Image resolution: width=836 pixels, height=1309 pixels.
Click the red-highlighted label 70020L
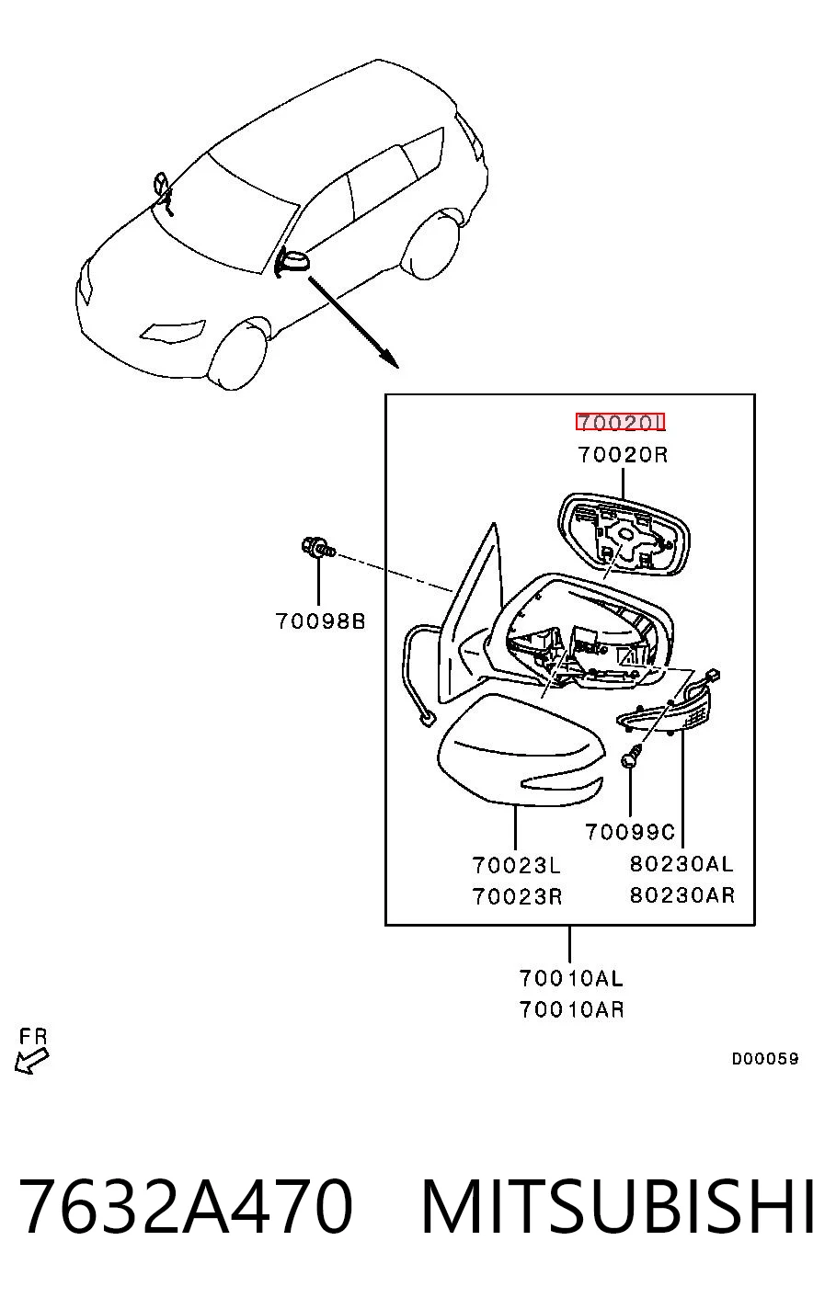620,422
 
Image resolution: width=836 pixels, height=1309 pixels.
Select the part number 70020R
623,455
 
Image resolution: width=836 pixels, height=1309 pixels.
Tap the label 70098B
320,621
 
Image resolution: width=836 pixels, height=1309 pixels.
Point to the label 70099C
630,832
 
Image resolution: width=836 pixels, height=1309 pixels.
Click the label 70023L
517,865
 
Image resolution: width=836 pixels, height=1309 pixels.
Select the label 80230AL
681,864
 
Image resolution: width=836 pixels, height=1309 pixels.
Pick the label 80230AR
682,894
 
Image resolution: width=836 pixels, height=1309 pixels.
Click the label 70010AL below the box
572,978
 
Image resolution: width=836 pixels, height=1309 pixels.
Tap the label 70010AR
572,1009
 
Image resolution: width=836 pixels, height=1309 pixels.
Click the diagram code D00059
765,1058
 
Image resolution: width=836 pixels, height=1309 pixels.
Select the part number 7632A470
186,1205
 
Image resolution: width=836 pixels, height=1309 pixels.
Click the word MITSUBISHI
617,1205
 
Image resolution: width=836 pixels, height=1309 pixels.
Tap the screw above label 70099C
631,758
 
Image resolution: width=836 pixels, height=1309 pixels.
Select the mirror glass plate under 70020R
624,535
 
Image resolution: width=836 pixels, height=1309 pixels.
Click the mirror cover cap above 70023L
521,748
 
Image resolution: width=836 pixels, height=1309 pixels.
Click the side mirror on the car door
292,261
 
